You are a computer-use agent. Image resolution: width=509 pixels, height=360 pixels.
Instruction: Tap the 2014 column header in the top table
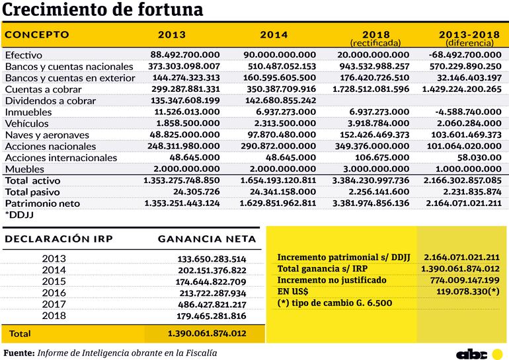tap(274, 35)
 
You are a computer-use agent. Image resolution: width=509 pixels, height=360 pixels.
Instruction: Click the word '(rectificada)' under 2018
tap(375, 43)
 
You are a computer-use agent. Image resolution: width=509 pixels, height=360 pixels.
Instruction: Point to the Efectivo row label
tap(24, 55)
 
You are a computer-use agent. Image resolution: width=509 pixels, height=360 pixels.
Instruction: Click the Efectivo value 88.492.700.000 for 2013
tap(185, 55)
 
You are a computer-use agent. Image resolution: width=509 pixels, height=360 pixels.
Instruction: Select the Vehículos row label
tap(27, 124)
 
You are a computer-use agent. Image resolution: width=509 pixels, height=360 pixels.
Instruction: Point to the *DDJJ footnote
tap(19, 215)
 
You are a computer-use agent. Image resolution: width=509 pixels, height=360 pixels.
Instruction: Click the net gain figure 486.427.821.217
tap(212, 305)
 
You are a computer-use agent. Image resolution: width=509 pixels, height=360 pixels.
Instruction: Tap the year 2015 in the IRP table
tap(54, 281)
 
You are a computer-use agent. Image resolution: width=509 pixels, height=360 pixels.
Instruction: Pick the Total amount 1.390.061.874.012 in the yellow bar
tap(207, 333)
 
